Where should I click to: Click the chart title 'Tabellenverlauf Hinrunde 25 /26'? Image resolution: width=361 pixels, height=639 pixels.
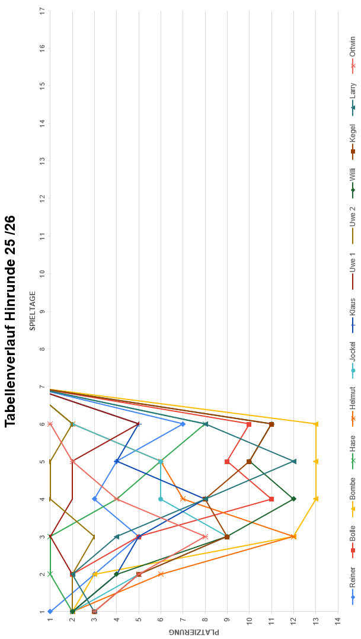click(x=10, y=321)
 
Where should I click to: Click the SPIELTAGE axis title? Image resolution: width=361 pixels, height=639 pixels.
click(x=33, y=311)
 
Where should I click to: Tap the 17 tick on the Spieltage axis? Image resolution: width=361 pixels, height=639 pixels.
click(x=43, y=9)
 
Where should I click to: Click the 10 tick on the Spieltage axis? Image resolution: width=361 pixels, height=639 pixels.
click(x=43, y=273)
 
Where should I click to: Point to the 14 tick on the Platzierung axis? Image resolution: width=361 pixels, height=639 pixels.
click(x=338, y=619)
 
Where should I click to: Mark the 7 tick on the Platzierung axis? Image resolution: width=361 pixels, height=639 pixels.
click(x=183, y=619)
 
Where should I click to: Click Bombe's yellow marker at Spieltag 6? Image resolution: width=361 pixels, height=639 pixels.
click(x=316, y=424)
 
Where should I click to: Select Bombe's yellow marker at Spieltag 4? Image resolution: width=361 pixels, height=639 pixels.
click(x=316, y=499)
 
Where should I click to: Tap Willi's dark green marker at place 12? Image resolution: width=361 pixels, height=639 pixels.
click(x=293, y=499)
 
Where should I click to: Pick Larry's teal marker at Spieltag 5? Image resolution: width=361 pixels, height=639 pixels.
click(x=293, y=461)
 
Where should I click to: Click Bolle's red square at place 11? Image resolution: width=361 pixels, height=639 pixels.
click(x=271, y=499)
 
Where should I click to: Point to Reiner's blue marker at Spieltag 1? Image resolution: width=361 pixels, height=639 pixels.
click(x=50, y=612)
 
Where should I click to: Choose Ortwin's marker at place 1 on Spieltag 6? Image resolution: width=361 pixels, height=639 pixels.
click(x=50, y=424)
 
